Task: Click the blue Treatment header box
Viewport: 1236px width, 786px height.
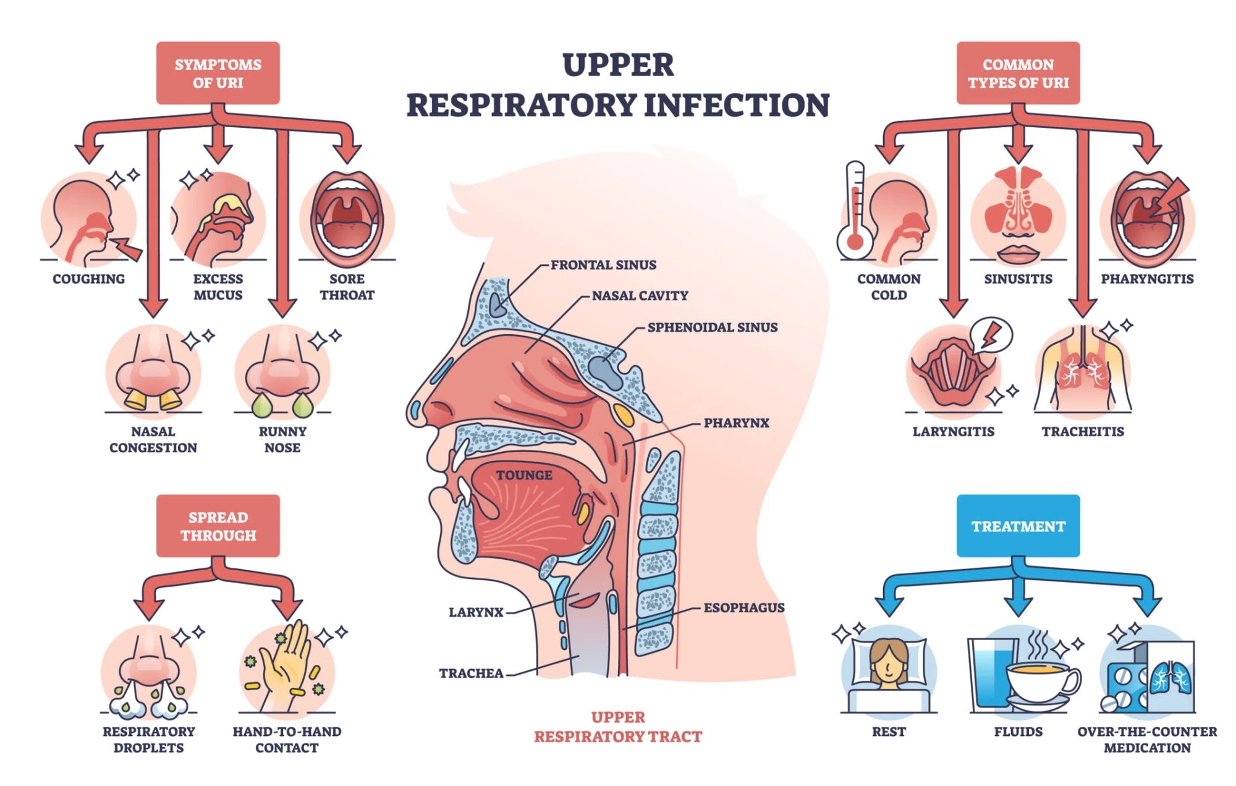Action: click(1018, 525)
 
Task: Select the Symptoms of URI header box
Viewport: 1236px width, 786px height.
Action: click(218, 73)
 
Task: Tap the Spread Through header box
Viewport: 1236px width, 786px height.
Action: click(218, 525)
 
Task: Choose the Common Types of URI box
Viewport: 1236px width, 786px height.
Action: click(1018, 73)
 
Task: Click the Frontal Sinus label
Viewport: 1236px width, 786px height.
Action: click(603, 264)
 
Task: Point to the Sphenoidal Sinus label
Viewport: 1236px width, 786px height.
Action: click(713, 327)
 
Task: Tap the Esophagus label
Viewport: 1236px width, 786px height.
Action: click(744, 607)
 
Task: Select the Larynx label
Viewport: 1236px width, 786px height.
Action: click(476, 612)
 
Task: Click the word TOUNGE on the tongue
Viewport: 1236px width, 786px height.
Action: click(524, 475)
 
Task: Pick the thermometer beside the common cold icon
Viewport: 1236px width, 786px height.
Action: click(855, 210)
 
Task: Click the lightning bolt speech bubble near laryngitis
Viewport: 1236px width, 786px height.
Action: click(991, 335)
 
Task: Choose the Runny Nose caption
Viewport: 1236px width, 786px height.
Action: click(282, 439)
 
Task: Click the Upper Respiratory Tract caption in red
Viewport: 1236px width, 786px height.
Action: click(618, 727)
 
